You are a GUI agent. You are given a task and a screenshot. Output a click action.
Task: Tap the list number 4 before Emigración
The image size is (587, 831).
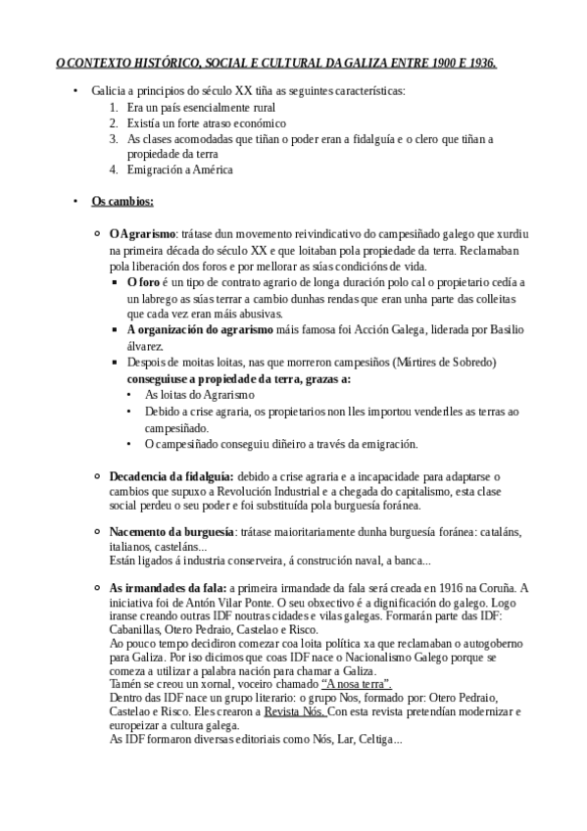click(115, 170)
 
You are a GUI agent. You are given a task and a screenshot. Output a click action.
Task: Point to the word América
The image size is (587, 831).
click(209, 170)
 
